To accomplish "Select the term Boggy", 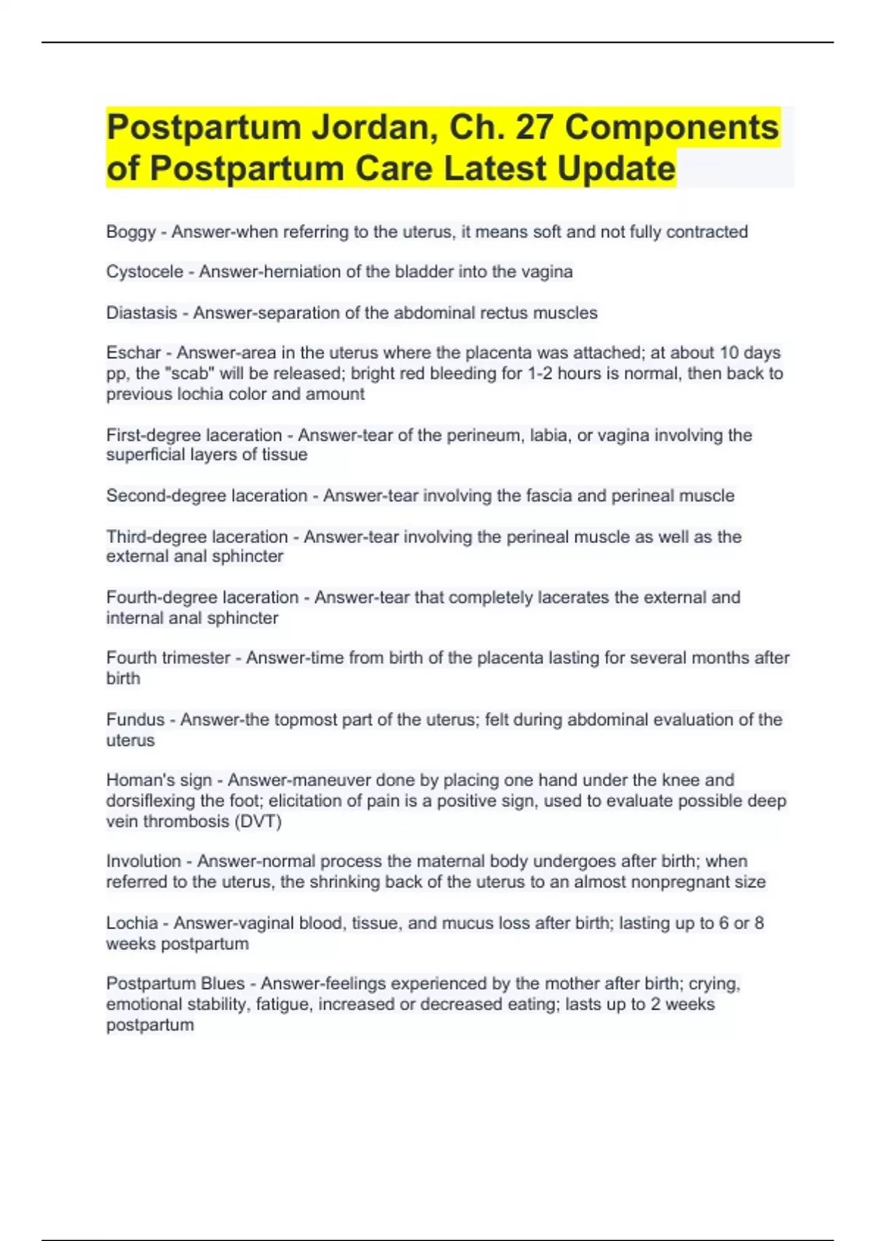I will tap(131, 232).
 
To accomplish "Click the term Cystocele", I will tap(145, 272).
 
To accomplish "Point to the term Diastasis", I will tap(142, 313).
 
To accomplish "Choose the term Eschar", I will tap(133, 353).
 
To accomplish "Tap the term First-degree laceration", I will tap(193, 435).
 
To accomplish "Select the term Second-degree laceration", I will tap(207, 496).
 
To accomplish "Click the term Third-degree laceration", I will tap(197, 537).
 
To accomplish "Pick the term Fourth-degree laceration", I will tap(202, 598).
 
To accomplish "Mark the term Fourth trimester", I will tap(168, 658).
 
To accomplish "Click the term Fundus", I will tap(135, 720).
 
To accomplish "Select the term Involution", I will tap(143, 861).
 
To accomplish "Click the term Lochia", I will tap(132, 923).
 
